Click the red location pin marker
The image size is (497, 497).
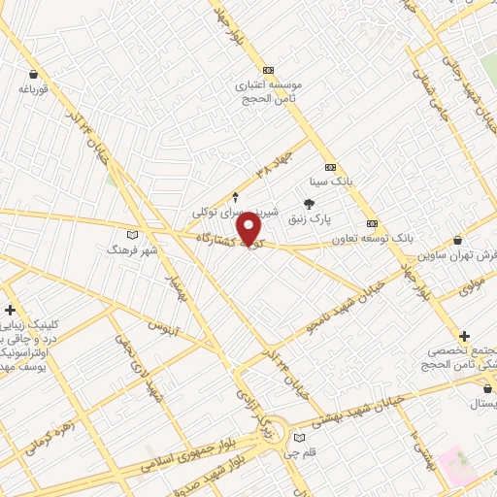coord(249,230)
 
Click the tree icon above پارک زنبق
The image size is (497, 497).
coord(310,204)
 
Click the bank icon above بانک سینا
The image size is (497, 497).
coord(330,165)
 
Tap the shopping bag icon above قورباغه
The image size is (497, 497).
coord(34,74)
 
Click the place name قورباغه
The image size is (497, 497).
coord(33,89)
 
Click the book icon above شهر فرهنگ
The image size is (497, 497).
coord(133,234)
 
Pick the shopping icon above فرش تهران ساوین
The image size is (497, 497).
coord(458,239)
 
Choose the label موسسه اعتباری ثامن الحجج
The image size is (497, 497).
coord(269,91)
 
